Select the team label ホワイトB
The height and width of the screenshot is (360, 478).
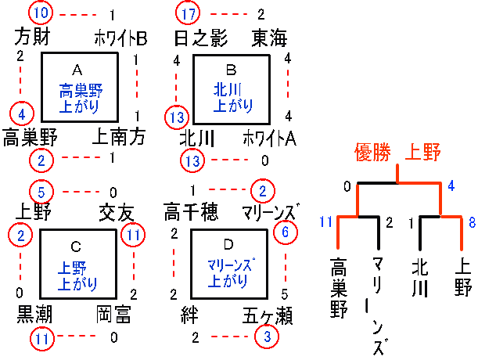(x=120, y=37)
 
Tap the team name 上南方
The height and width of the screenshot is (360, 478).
(x=119, y=138)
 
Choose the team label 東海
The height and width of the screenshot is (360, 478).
(x=268, y=37)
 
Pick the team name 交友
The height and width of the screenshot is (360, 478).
(x=117, y=212)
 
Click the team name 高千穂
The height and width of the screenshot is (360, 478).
(x=191, y=212)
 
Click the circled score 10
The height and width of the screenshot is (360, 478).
(x=41, y=13)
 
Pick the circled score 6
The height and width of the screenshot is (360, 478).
(x=286, y=232)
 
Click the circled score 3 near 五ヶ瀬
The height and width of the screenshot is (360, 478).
(x=266, y=337)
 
